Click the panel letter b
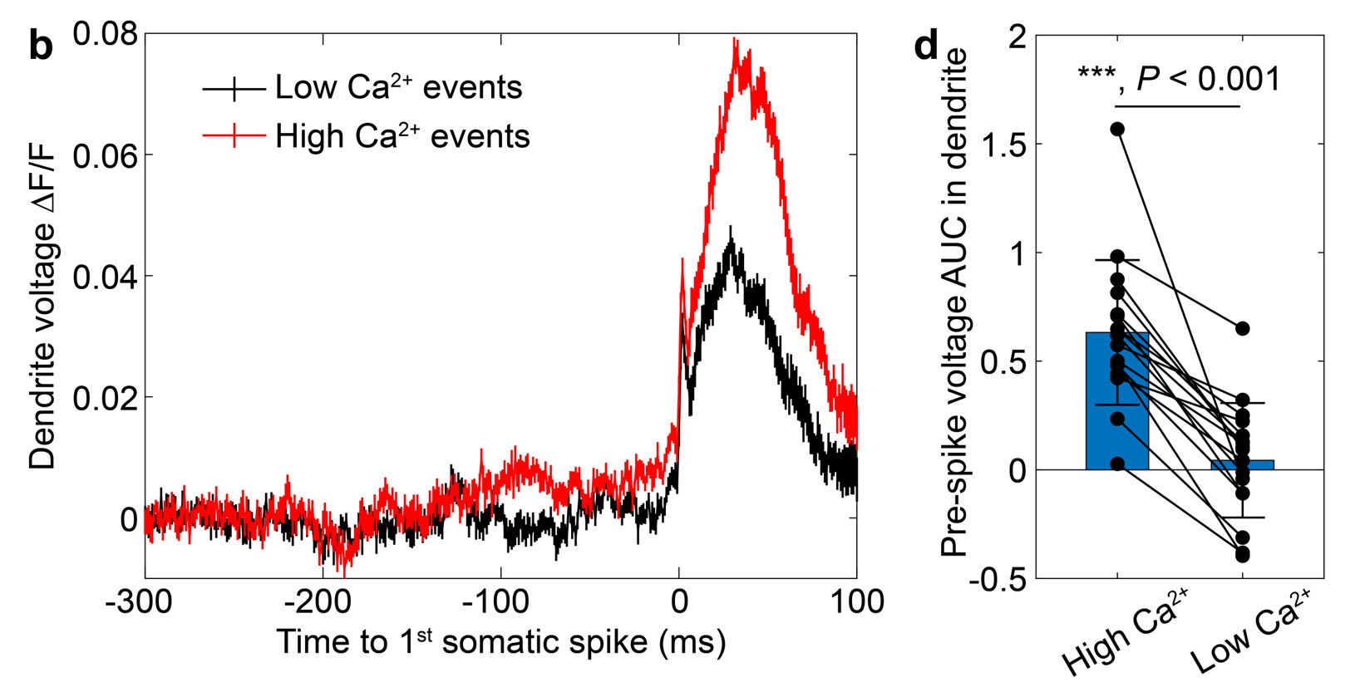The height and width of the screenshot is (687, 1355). [40, 47]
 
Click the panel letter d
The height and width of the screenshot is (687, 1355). [925, 45]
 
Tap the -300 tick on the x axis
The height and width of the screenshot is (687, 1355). [139, 601]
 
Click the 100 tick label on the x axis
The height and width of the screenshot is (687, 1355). [856, 601]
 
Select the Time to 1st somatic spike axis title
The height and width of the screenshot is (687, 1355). [500, 642]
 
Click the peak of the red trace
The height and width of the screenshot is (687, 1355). [735, 40]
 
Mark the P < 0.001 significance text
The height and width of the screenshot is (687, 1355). [1208, 79]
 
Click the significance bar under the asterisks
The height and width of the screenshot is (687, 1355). [1177, 106]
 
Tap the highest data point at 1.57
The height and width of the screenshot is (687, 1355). [1117, 129]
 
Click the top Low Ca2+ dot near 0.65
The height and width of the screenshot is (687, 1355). [1243, 329]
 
